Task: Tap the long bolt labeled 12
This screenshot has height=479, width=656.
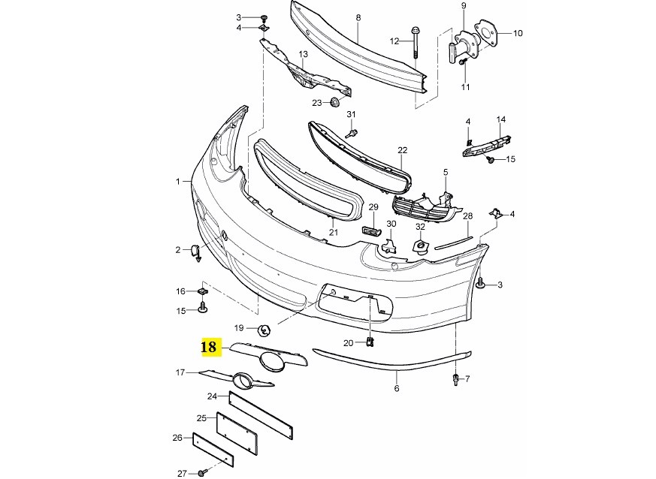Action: point(415,44)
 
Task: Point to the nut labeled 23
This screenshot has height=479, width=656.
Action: point(334,102)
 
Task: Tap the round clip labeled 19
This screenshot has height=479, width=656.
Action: point(265,330)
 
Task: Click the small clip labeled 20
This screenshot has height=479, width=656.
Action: point(370,342)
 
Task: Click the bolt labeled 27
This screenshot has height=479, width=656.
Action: point(202,473)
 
